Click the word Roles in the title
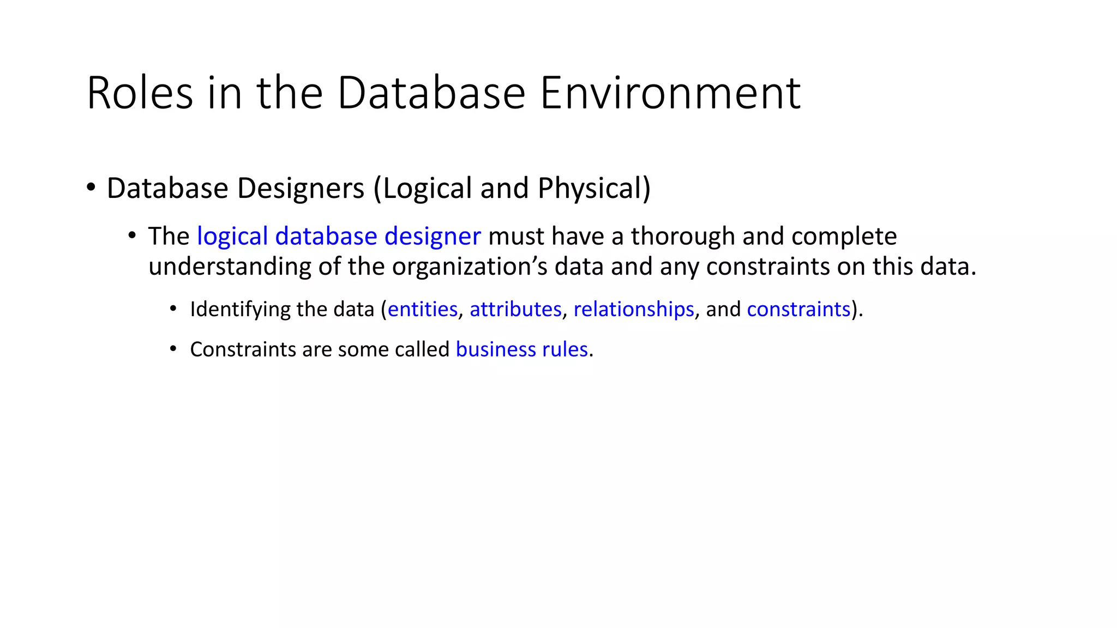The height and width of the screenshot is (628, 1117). pyautogui.click(x=140, y=94)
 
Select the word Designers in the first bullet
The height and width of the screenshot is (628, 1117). pyautogui.click(x=301, y=189)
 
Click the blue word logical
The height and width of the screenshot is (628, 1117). pyautogui.click(x=232, y=237)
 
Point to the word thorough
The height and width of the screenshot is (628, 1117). pyautogui.click(x=683, y=237)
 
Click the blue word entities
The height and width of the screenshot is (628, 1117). pyautogui.click(x=422, y=310)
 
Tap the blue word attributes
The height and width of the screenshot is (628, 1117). pyautogui.click(x=515, y=310)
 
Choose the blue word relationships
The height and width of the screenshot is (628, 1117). pyautogui.click(x=634, y=310)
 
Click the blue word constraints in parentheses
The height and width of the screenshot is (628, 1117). pyautogui.click(x=798, y=310)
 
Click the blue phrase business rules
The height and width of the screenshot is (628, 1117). pyautogui.click(x=521, y=349)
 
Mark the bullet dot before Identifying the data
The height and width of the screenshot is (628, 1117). pyautogui.click(x=173, y=309)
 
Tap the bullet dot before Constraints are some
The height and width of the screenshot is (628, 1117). pyautogui.click(x=173, y=349)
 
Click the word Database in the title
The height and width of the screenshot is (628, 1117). pyautogui.click(x=431, y=94)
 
